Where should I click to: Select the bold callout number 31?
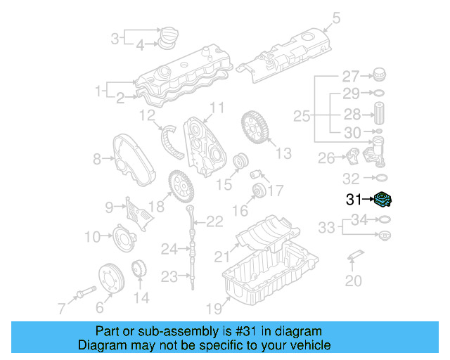(354, 200)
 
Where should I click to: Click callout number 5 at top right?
(335, 18)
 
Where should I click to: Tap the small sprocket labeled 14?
(140, 269)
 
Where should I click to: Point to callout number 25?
(302, 115)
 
